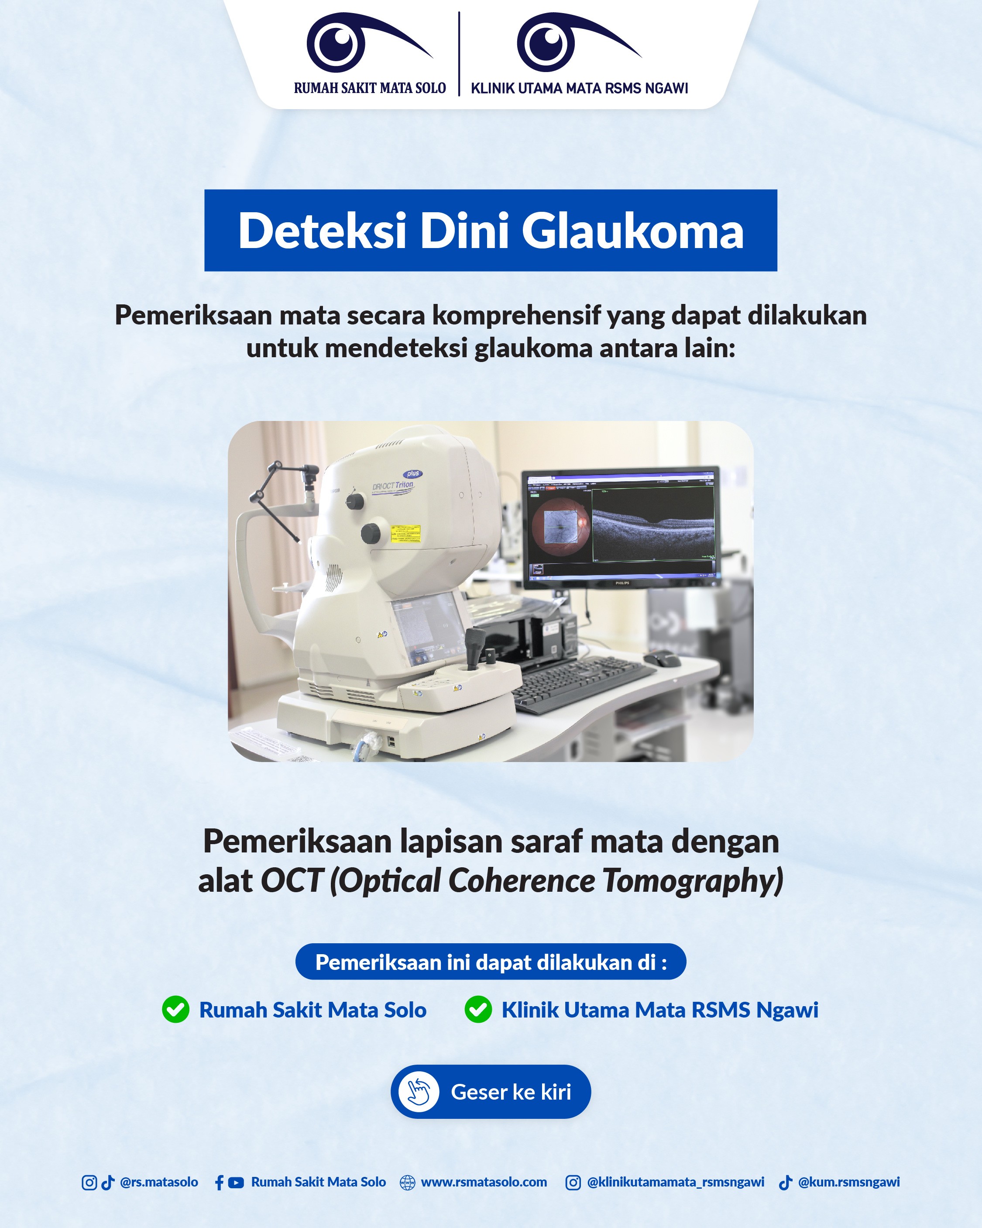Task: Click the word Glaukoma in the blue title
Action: coord(632,231)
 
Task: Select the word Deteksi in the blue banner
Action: coord(322,231)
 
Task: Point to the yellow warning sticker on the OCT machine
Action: coord(405,533)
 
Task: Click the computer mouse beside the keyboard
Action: coord(662,659)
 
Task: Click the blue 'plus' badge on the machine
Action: coord(413,473)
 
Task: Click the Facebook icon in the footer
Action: coord(219,1183)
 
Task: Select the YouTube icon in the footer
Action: coord(236,1183)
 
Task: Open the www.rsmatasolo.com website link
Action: coord(484,1183)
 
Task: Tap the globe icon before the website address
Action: coord(408,1183)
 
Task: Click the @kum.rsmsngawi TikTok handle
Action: coord(849,1183)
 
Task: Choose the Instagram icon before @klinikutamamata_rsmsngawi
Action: coord(573,1183)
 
